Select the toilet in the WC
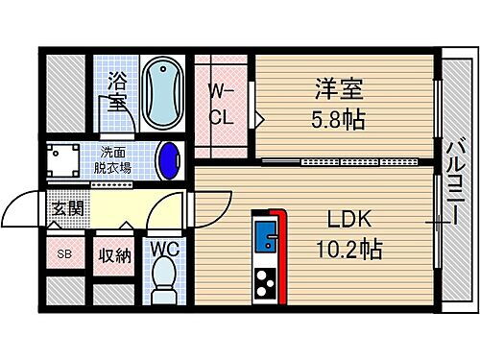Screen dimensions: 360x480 164,279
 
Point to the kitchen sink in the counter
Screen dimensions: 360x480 265,236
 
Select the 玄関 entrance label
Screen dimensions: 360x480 66,207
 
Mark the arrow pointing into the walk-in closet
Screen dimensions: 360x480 259,119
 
